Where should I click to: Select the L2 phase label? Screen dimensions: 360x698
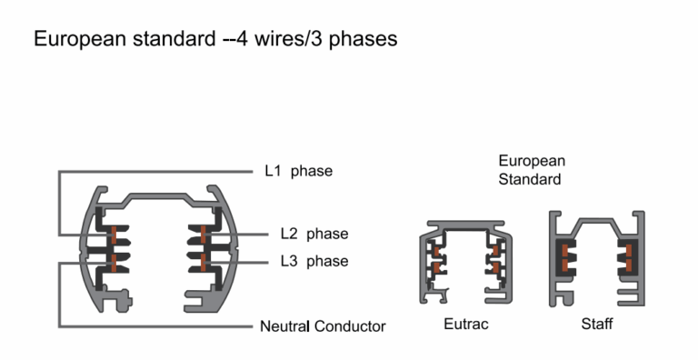tap(314, 234)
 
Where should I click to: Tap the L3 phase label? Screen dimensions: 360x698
tap(314, 262)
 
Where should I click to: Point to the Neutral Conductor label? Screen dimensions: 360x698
tap(323, 326)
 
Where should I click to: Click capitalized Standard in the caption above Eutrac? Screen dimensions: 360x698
tap(529, 179)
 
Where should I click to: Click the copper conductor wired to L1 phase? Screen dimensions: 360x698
tap(114, 235)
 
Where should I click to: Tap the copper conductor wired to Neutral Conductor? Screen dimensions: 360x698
tap(114, 262)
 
